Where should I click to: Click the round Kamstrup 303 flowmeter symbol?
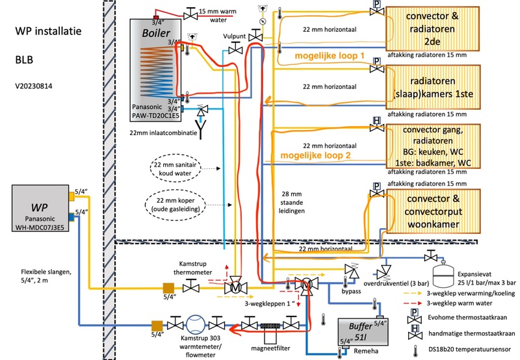(x=194, y=323)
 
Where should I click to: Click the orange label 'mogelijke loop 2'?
(x=317, y=156)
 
